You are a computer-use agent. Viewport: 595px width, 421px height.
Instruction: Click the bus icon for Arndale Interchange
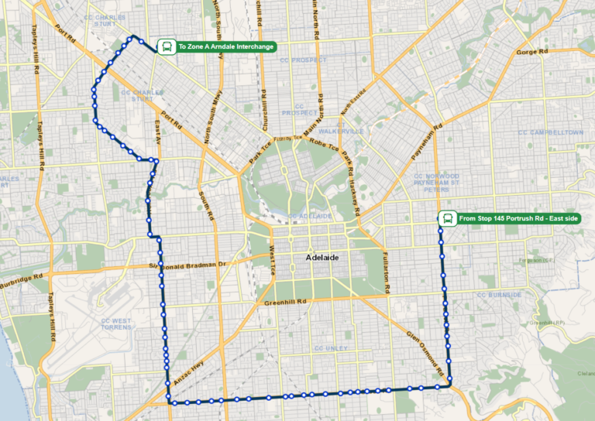(x=166, y=47)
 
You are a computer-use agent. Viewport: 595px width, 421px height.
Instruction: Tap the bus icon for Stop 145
(x=447, y=219)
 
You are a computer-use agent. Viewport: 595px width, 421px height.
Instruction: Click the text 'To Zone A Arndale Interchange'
(x=225, y=47)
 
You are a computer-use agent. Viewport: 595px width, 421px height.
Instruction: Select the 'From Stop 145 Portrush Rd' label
(x=518, y=219)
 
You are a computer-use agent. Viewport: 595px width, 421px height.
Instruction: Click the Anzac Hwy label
(x=194, y=374)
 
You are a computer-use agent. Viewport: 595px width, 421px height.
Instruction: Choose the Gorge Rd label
(x=532, y=52)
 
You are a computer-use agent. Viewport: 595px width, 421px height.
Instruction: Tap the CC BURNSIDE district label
(x=500, y=295)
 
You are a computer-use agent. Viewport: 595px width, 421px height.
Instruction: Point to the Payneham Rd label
(x=426, y=142)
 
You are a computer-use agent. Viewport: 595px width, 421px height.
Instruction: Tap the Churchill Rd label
(x=263, y=112)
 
